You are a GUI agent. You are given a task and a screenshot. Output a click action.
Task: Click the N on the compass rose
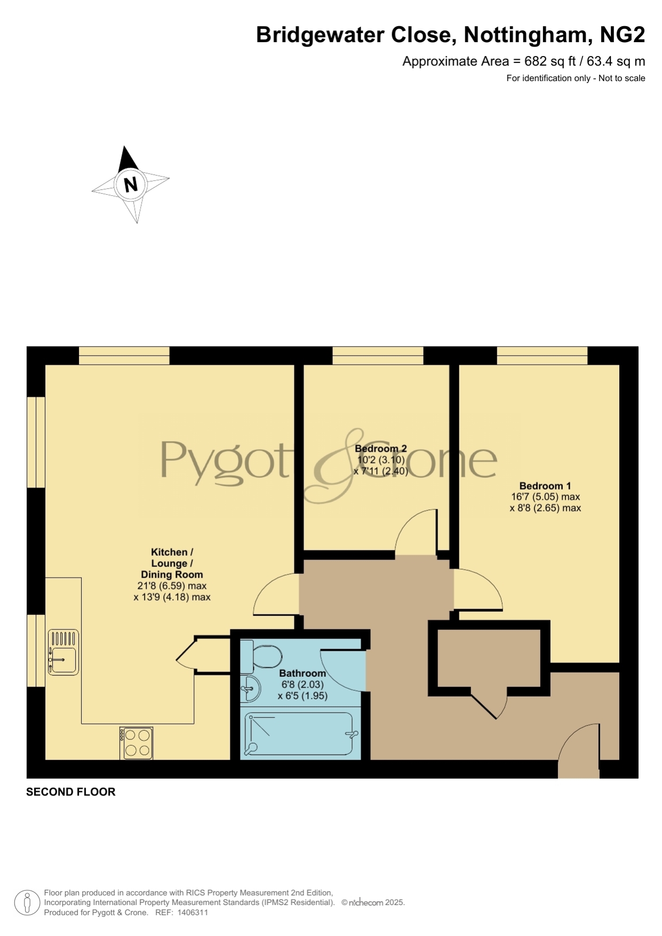131,184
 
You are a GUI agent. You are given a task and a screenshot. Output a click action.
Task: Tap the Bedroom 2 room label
381,449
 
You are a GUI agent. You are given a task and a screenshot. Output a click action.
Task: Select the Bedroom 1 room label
545,486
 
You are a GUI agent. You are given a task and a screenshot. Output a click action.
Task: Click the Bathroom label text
302,673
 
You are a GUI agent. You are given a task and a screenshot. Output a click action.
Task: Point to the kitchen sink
63,652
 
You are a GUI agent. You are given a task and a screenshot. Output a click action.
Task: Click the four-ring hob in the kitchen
137,743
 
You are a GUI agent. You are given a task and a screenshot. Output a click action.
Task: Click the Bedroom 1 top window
542,355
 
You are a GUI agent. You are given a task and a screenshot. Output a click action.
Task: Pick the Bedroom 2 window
378,355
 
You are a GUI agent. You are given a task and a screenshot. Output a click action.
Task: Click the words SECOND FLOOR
71,792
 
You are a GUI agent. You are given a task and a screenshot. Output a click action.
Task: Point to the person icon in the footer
27,902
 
